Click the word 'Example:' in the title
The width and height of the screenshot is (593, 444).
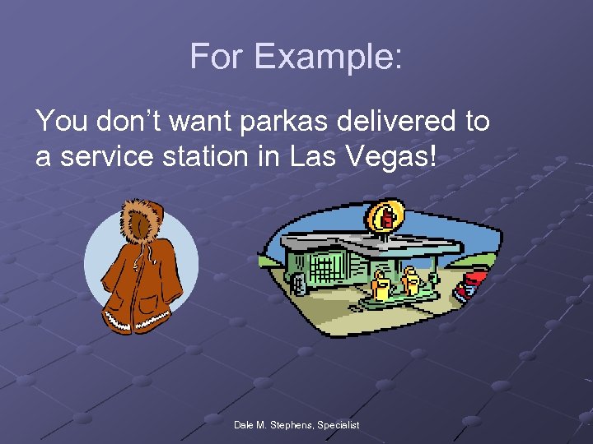tap(329, 57)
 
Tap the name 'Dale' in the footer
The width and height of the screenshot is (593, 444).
tap(245, 425)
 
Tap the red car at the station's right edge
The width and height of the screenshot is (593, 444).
tap(473, 284)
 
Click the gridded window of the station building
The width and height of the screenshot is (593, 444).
tap(325, 268)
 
